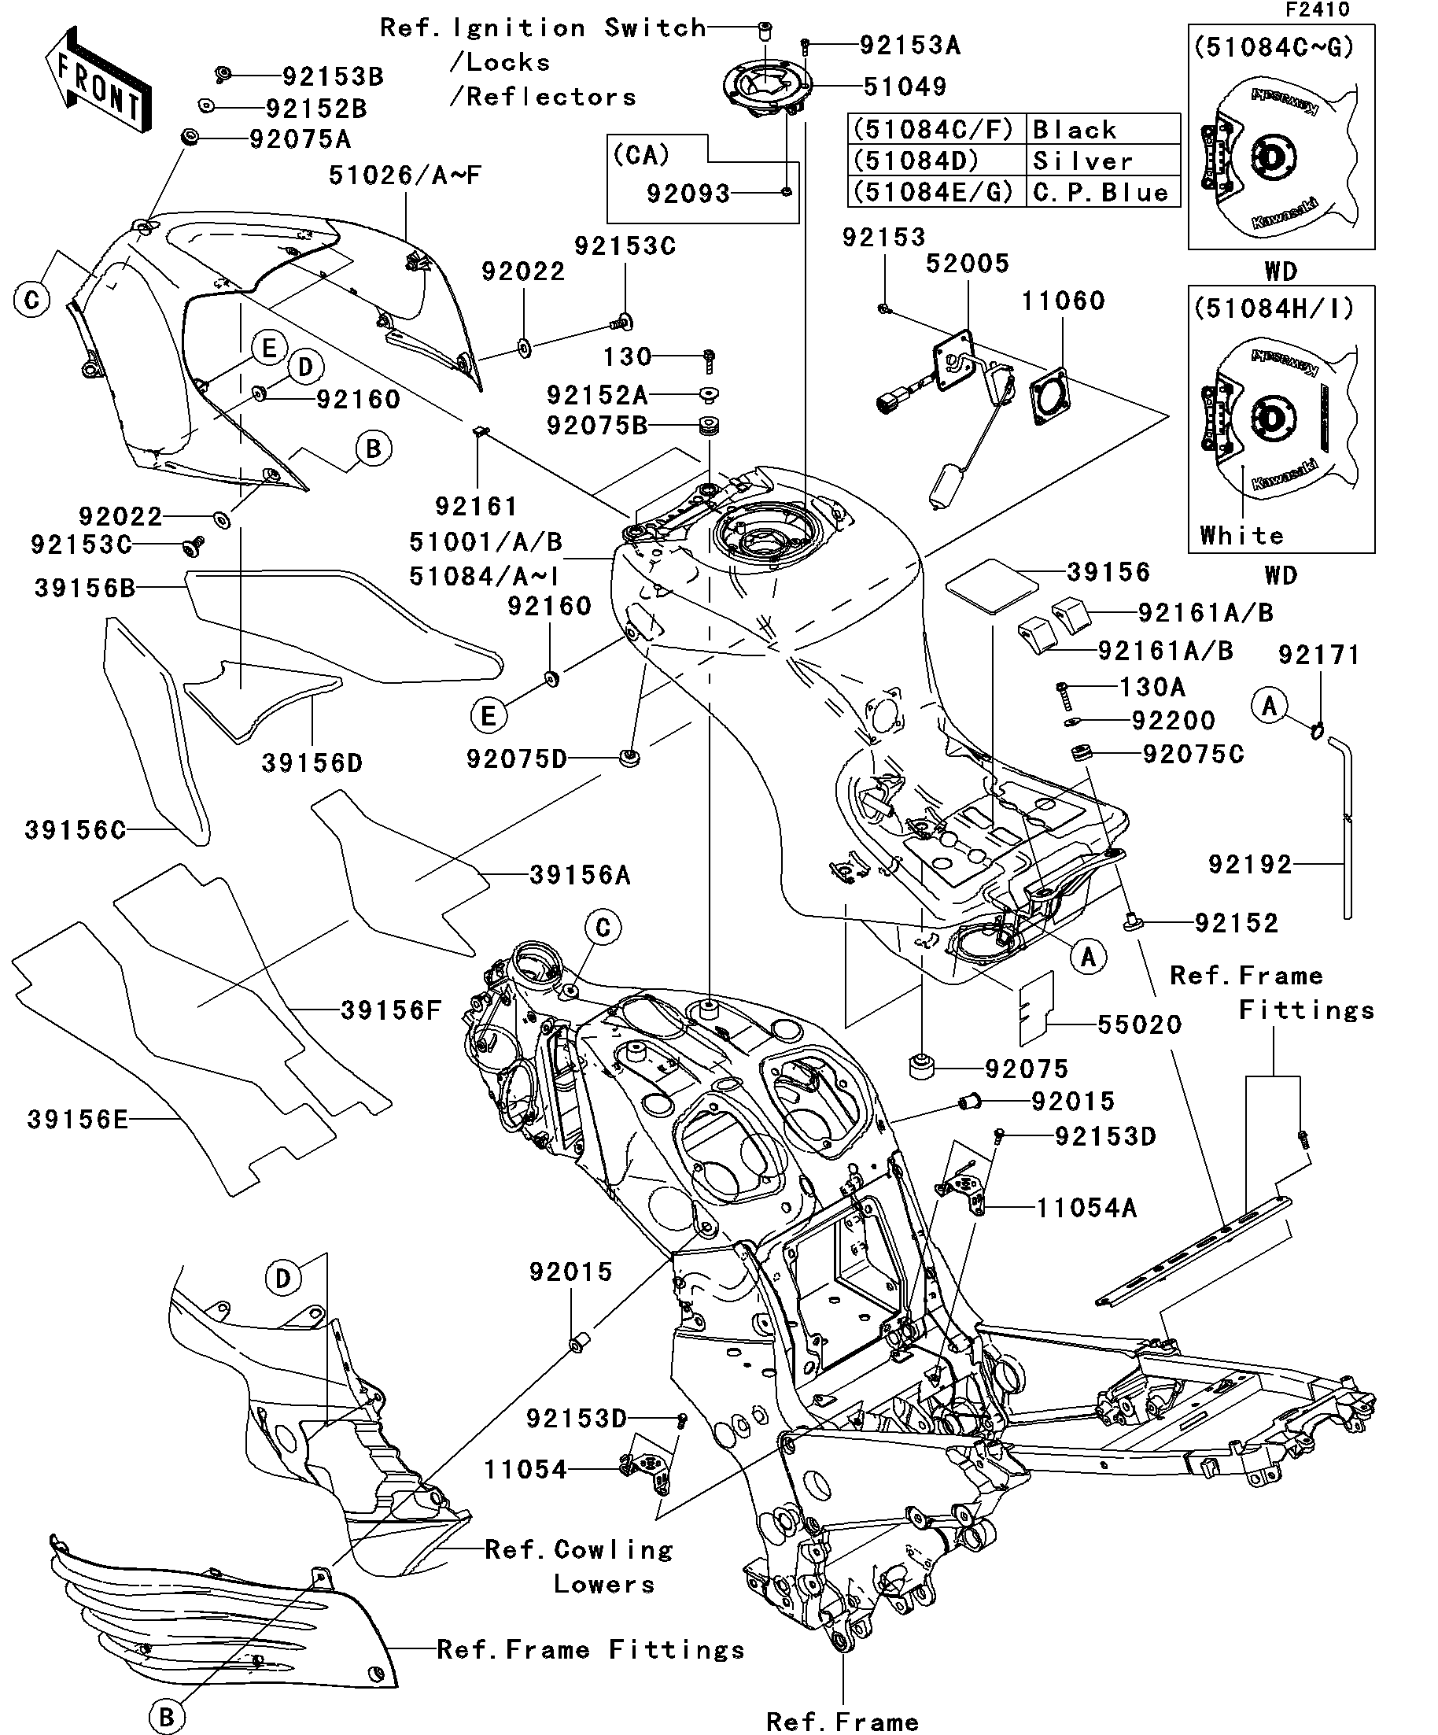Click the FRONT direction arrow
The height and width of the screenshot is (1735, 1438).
click(98, 80)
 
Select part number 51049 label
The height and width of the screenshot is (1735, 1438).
click(905, 87)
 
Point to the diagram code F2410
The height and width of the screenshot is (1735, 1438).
click(1317, 10)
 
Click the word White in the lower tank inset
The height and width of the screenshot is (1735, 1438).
click(1241, 535)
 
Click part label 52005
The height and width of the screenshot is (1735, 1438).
click(968, 264)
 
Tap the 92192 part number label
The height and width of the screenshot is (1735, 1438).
click(1250, 864)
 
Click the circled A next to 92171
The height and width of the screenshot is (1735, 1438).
click(1270, 706)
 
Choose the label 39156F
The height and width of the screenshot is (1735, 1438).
click(391, 1010)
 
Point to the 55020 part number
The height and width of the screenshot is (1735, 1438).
click(1139, 1024)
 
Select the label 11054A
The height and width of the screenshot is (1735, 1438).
click(1086, 1208)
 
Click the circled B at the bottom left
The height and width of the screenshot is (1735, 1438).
click(166, 1715)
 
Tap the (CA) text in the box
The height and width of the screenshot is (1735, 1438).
click(642, 155)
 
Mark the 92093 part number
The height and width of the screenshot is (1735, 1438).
click(688, 194)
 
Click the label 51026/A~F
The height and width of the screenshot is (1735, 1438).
click(404, 175)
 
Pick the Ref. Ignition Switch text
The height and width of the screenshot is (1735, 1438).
click(543, 28)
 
